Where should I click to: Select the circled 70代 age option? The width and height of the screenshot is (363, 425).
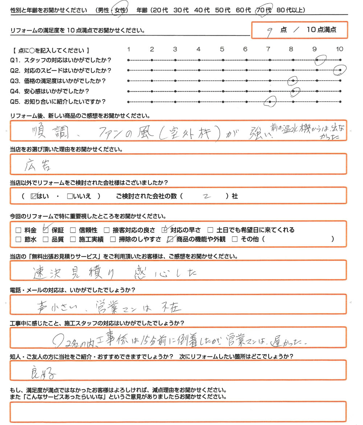(x=264, y=11)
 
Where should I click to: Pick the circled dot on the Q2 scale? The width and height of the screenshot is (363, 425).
(x=340, y=70)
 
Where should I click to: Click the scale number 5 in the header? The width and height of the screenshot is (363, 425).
(x=222, y=49)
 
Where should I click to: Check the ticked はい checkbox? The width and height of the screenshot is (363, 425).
(x=34, y=196)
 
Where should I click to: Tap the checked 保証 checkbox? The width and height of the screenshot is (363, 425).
(x=46, y=230)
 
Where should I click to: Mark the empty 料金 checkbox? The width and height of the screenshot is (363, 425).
(x=19, y=230)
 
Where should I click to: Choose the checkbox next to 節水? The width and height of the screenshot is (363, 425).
(x=19, y=239)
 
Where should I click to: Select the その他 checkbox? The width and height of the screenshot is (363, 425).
(x=234, y=239)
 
